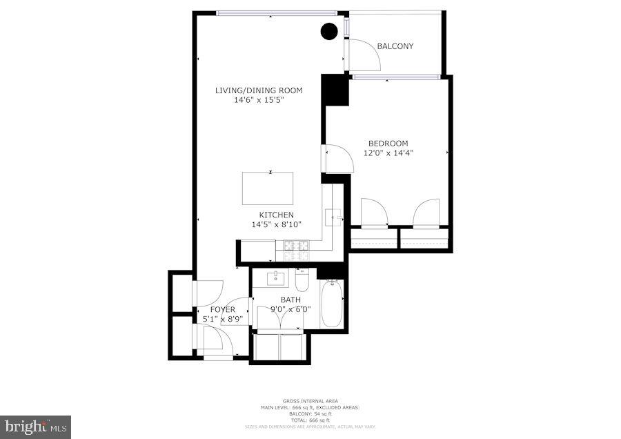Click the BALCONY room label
395,46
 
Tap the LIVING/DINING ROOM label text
259,90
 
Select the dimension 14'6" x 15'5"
259,100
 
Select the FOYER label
222,309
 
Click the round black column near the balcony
330,31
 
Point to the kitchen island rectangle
267,188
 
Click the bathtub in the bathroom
331,304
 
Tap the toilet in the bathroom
302,281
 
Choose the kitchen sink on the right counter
334,218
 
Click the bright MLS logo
36,427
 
